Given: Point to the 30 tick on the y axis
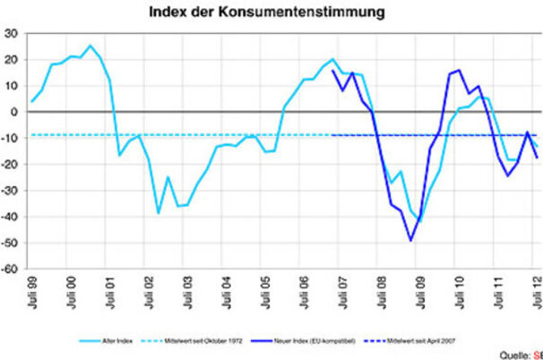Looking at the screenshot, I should (x=13, y=33).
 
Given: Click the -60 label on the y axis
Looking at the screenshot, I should (x=12, y=268).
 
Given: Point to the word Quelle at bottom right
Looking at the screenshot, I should (x=513, y=352).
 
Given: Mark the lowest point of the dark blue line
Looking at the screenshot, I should (x=410, y=240).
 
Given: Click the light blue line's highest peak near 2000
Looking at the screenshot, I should (x=90, y=46).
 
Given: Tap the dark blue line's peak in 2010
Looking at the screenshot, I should (x=459, y=70).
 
